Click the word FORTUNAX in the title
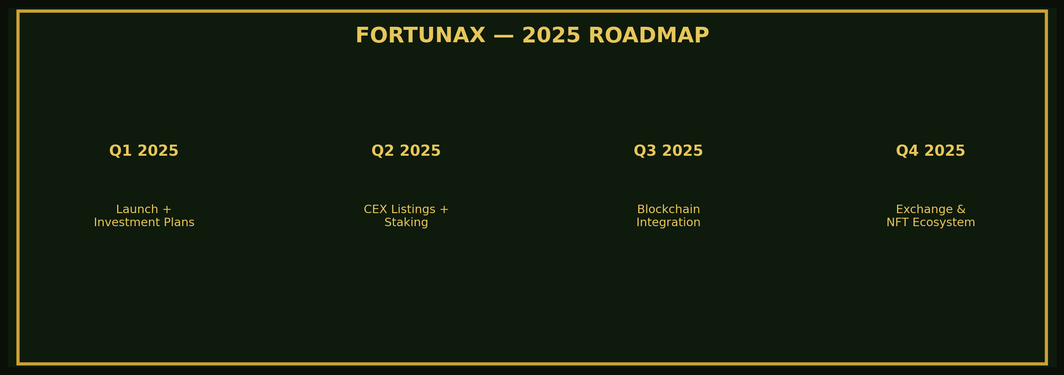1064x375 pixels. pyautogui.click(x=420, y=36)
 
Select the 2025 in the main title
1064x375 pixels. pyautogui.click(x=551, y=36)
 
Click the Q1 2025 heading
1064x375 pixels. pyautogui.click(x=144, y=151)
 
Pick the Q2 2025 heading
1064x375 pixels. pyautogui.click(x=406, y=151)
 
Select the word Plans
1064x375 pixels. pyautogui.click(x=179, y=223)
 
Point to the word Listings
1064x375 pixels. pyautogui.click(x=413, y=209)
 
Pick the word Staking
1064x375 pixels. pyautogui.click(x=406, y=223)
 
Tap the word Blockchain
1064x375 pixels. pyautogui.click(x=668, y=209)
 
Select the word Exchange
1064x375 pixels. pyautogui.click(x=924, y=209)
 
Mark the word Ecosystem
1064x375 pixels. pyautogui.click(x=943, y=223)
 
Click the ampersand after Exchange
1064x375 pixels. pyautogui.click(x=961, y=209)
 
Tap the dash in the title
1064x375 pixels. pyautogui.click(x=503, y=36)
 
